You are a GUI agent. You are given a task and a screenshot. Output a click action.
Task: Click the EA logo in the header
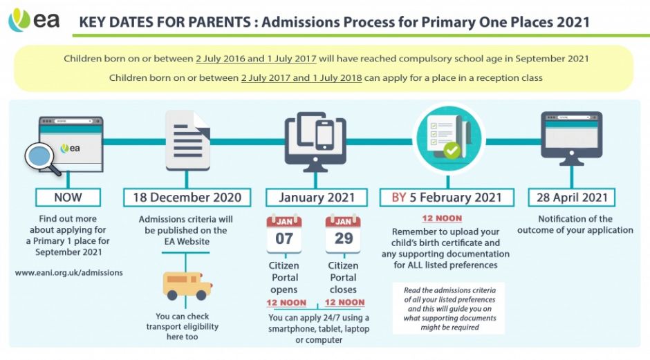pos(34,19)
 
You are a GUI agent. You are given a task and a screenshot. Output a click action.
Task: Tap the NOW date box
pos(68,197)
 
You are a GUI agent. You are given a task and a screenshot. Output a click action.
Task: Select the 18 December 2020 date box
pos(187,197)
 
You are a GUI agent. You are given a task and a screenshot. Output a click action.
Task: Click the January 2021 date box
pos(316,197)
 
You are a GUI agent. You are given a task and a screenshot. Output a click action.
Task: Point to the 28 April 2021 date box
pos(572,197)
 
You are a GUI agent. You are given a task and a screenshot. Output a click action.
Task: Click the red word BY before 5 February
pos(399,197)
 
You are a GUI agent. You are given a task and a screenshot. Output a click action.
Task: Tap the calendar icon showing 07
pos(284,234)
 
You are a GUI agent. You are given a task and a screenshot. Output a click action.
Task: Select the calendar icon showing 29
pos(343,234)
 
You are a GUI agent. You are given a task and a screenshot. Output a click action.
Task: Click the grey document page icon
pos(188,140)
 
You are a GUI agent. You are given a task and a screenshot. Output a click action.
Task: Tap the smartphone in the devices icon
pos(324,135)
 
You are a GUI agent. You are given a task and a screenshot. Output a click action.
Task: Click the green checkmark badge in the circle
pos(452,150)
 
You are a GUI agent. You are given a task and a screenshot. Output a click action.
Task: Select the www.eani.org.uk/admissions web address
pos(69,272)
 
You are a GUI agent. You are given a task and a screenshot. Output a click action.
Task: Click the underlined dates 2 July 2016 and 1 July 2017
pos(256,59)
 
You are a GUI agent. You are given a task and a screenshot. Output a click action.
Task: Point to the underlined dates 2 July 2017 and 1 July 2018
pos(301,78)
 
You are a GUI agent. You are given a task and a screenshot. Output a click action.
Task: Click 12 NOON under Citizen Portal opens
pos(286,303)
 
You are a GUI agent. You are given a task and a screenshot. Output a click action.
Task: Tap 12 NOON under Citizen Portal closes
pos(345,303)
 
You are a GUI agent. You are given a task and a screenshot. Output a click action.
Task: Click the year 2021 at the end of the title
pos(573,21)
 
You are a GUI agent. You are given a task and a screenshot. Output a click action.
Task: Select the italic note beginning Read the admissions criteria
pos(449,309)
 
